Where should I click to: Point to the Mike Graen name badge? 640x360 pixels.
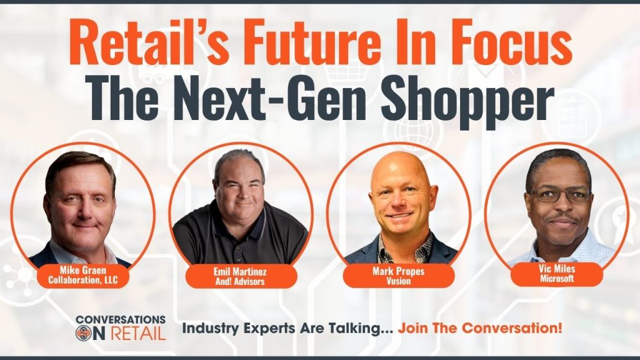(x=83, y=275)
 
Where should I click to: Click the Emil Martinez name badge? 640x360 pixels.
(x=240, y=276)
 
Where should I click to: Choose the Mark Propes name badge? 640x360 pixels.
(x=398, y=276)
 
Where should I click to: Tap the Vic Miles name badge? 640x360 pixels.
(x=557, y=274)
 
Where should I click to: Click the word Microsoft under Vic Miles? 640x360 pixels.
(x=557, y=279)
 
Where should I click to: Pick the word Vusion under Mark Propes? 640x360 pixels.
(x=398, y=281)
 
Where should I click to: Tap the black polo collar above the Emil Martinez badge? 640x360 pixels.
(x=241, y=218)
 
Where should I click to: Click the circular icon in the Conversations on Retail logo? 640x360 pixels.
(x=84, y=332)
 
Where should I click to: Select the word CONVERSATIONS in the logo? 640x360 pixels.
(x=121, y=319)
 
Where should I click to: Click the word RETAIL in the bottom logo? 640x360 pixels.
(x=138, y=333)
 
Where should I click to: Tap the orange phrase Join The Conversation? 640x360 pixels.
(x=480, y=327)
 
